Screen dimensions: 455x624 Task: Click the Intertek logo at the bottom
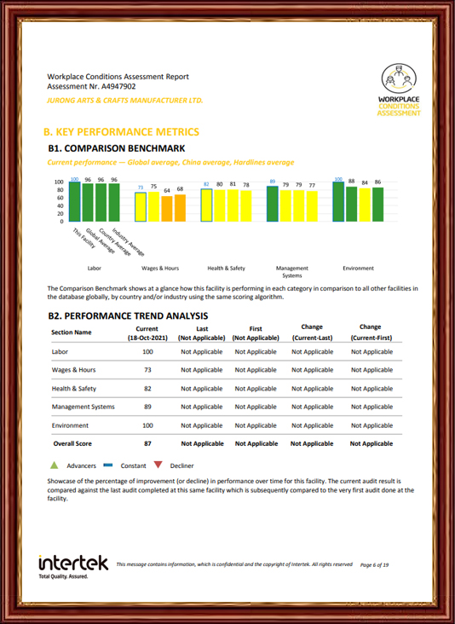73,567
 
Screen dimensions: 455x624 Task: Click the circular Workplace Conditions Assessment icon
399,78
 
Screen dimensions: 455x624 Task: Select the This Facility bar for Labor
74,202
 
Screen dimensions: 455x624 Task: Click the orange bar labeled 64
167,209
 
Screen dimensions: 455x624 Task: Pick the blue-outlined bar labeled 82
206,205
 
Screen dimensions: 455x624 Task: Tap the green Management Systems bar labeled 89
273,204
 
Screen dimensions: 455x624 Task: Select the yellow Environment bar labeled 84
365,205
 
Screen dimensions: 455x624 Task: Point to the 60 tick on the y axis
59,198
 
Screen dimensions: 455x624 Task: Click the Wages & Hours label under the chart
160,269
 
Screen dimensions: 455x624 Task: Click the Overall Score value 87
147,443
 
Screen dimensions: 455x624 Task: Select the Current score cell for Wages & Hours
147,370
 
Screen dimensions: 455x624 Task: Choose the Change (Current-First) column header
371,332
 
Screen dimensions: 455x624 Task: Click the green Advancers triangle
54,465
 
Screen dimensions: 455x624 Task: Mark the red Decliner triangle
158,465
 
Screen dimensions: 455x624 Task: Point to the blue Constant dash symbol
107,465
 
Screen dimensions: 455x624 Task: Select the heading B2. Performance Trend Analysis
128,316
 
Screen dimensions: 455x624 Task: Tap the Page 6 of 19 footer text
374,564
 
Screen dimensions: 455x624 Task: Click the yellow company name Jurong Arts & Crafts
125,101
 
